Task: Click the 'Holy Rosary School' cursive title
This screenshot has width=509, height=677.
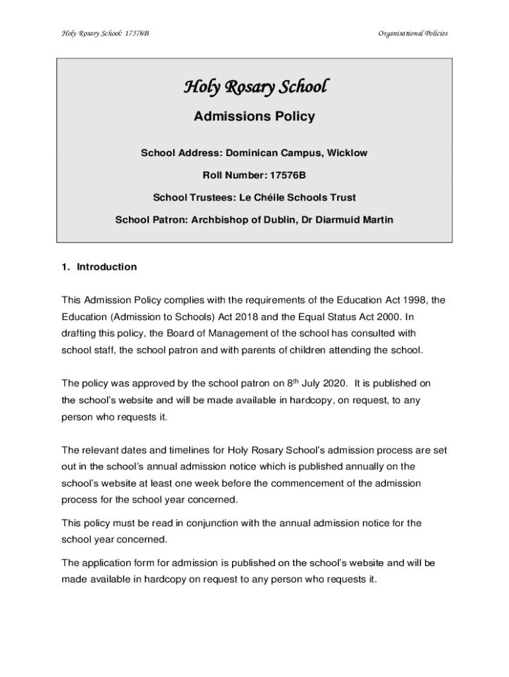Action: pyautogui.click(x=254, y=87)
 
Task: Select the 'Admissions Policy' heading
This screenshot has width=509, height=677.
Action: pyautogui.click(x=254, y=117)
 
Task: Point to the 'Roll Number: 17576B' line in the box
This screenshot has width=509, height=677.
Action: pyautogui.click(x=254, y=175)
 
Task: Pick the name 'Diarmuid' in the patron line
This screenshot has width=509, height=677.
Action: pyautogui.click(x=337, y=219)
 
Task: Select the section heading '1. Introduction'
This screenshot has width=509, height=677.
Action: pyautogui.click(x=99, y=267)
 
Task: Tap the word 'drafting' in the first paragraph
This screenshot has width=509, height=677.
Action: pyautogui.click(x=79, y=333)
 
